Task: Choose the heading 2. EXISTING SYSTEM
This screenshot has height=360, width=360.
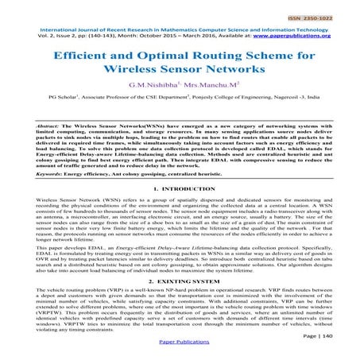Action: pos(180,283)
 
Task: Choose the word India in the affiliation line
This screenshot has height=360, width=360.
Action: pos(317,115)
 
